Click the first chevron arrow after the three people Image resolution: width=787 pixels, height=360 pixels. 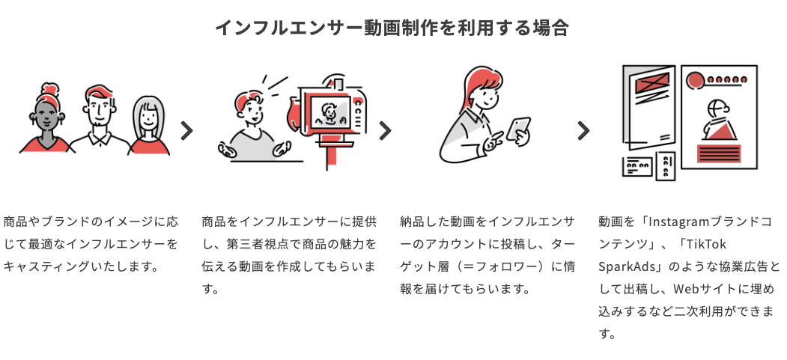(187, 131)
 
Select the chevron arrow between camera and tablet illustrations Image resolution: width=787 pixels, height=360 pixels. (385, 131)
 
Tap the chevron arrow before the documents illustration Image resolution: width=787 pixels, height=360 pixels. (583, 131)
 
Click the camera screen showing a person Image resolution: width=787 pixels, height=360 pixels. (326, 112)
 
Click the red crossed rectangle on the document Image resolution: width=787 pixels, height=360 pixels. (651, 82)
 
